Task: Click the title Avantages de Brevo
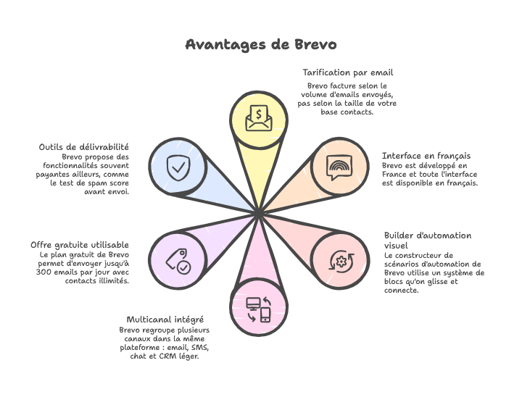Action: (260, 45)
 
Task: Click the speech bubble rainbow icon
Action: (339, 168)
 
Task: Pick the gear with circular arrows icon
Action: (339, 260)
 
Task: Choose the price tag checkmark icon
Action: (178, 259)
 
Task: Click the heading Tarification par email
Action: (347, 72)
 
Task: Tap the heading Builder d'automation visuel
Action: (427, 241)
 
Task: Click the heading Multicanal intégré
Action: (165, 320)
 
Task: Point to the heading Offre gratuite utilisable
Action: (80, 245)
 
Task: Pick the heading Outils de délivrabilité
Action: (83, 147)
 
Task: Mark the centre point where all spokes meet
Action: (259, 212)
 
